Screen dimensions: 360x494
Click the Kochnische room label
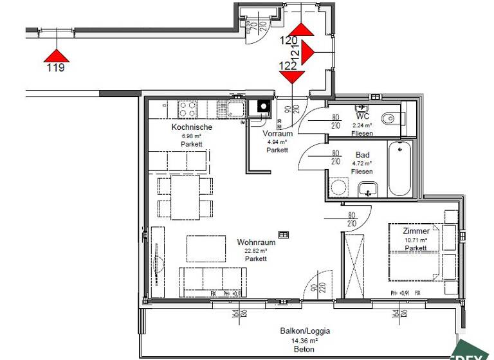point(192,127)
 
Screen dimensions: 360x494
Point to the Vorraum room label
point(278,134)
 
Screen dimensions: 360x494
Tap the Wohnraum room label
point(256,242)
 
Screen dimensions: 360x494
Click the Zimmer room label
point(416,231)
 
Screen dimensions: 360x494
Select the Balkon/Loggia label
point(305,331)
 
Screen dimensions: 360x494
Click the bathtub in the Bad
point(399,169)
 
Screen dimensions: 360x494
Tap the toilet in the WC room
point(390,120)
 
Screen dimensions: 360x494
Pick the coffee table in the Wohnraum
point(206,248)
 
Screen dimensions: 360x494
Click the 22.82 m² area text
point(256,251)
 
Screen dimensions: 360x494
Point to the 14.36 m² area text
point(305,340)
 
